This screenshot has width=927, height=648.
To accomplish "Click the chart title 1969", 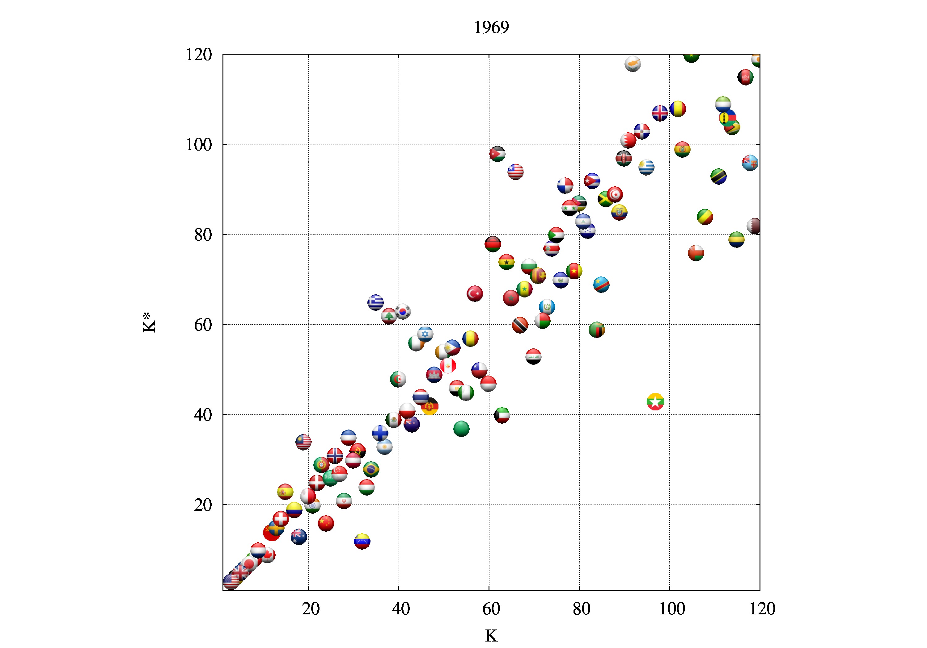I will (x=491, y=27).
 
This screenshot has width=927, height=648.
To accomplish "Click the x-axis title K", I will (x=491, y=636).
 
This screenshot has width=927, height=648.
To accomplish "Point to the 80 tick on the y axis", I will (x=203, y=235).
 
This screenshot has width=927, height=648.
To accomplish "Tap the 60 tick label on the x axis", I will (x=491, y=609).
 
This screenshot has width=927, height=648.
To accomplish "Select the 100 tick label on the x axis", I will (x=671, y=609).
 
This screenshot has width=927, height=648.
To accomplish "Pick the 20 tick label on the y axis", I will (x=203, y=505).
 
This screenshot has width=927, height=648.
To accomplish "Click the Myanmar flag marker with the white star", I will (x=655, y=402).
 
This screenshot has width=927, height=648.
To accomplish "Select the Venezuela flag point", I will (x=362, y=541).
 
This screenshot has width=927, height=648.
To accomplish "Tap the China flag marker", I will (x=325, y=523).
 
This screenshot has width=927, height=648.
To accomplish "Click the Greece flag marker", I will (x=375, y=302).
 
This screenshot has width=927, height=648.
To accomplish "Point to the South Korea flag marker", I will (x=403, y=311).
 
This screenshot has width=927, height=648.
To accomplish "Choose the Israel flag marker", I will (x=425, y=334).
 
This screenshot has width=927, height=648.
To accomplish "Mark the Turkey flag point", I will (x=475, y=293).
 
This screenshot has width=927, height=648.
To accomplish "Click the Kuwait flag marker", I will (x=502, y=415).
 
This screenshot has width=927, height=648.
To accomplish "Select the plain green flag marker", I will (x=461, y=429).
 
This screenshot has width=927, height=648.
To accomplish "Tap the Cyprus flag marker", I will (x=633, y=64).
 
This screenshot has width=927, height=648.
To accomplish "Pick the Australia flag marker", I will (x=299, y=537).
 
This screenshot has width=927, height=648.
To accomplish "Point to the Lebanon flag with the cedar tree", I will (x=389, y=316).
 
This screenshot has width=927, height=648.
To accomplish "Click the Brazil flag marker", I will (x=370, y=469).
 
